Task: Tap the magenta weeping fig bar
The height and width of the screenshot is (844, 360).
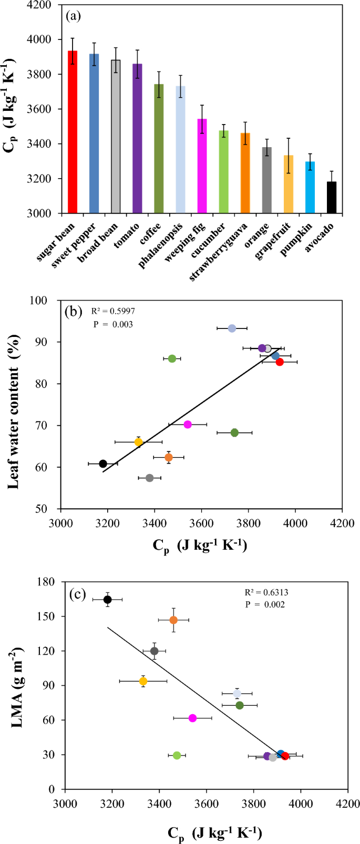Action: tap(202, 166)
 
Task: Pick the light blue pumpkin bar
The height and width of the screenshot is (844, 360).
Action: tap(310, 187)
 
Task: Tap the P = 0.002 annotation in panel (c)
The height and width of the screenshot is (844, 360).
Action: tap(265, 604)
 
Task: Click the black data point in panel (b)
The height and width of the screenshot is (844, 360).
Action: tap(103, 464)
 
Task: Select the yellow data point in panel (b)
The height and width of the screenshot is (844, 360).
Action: tap(138, 442)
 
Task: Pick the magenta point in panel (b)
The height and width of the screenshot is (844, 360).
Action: tap(188, 425)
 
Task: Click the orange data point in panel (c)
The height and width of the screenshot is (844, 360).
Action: tap(173, 620)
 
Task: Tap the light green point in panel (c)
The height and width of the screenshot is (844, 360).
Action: tap(177, 755)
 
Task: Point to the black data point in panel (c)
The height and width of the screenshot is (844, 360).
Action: tap(107, 600)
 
